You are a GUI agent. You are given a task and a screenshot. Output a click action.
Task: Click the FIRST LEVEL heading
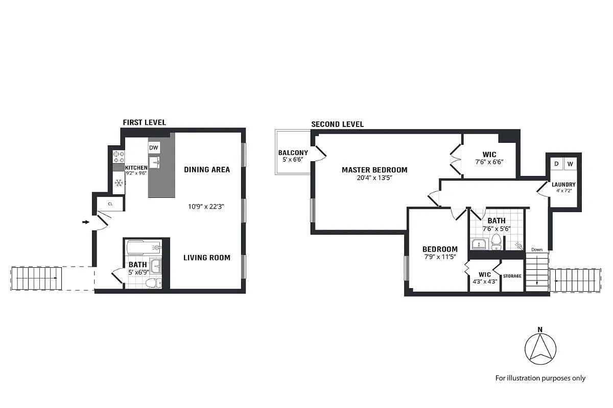(x=144, y=122)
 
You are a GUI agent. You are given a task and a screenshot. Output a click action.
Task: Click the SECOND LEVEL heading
(x=337, y=124)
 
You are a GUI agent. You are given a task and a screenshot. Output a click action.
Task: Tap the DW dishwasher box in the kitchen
(x=154, y=148)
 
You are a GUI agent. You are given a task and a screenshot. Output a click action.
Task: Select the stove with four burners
(x=119, y=157)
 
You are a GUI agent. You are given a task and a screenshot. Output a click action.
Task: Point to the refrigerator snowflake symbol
(x=119, y=183)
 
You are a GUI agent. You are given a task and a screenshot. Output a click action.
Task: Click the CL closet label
(x=111, y=204)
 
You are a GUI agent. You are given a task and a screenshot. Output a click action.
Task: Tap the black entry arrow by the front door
(x=85, y=222)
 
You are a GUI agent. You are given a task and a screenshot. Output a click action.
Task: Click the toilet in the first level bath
(x=152, y=282)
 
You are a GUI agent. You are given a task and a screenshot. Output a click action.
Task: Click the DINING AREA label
(x=207, y=169)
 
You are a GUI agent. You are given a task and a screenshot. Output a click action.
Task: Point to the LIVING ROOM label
(x=207, y=258)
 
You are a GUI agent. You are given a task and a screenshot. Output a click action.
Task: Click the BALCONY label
(x=293, y=153)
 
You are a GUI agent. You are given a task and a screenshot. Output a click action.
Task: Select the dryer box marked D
(x=556, y=164)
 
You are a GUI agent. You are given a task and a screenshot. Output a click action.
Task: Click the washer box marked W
(x=570, y=164)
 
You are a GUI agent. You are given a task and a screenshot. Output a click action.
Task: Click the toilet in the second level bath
(x=496, y=243)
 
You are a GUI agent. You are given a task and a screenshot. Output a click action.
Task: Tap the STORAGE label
(x=512, y=276)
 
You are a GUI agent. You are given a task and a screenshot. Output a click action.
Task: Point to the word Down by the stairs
(x=536, y=249)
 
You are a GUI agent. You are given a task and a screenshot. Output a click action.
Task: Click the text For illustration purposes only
(x=540, y=378)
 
